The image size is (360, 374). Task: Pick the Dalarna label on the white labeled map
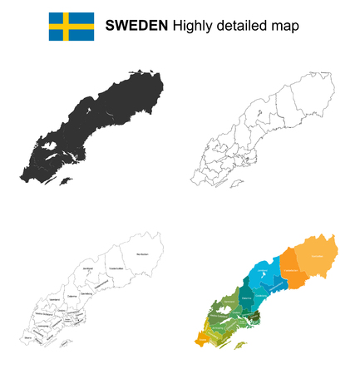click(72, 295)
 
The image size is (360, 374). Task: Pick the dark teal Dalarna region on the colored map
click(246, 297)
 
